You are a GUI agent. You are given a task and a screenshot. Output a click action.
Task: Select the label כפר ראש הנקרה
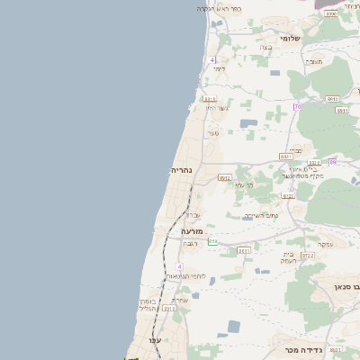(219, 8)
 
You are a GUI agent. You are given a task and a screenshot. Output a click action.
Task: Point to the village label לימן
(219, 68)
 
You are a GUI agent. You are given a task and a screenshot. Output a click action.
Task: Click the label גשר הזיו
(218, 108)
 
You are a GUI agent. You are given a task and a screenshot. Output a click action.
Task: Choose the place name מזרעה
(180, 231)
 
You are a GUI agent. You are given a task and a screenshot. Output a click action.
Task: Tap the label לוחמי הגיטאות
(191, 275)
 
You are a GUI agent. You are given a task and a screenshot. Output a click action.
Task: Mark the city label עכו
(155, 339)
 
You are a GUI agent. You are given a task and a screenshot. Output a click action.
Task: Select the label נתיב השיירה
(261, 216)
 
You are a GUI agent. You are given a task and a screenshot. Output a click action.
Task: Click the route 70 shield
(297, 107)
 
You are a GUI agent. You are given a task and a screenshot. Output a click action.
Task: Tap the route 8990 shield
(331, 13)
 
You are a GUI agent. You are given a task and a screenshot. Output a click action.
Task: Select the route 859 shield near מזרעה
(212, 241)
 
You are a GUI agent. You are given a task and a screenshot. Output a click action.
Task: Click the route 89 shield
(332, 162)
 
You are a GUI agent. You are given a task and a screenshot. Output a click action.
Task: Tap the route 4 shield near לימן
(213, 59)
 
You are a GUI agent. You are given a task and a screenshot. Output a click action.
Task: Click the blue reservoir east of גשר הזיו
(247, 122)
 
